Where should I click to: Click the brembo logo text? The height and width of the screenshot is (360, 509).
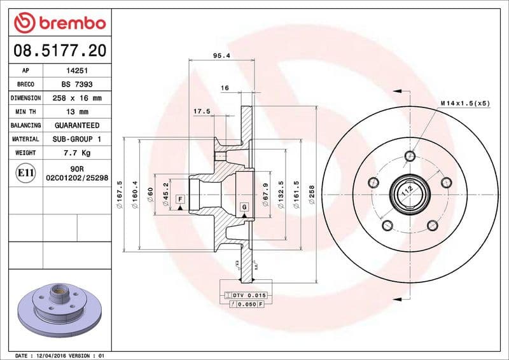[x=69, y=24]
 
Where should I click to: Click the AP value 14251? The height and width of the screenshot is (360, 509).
[x=73, y=71]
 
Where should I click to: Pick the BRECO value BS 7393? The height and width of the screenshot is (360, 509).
[x=73, y=85]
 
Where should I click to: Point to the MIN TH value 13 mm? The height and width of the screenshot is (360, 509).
[x=73, y=112]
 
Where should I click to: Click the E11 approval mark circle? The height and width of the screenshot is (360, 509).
[x=26, y=172]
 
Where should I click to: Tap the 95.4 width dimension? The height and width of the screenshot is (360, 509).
[x=221, y=55]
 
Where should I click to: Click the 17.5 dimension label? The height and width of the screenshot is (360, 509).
[x=202, y=111]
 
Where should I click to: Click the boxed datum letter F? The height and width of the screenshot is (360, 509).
[x=181, y=199]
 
